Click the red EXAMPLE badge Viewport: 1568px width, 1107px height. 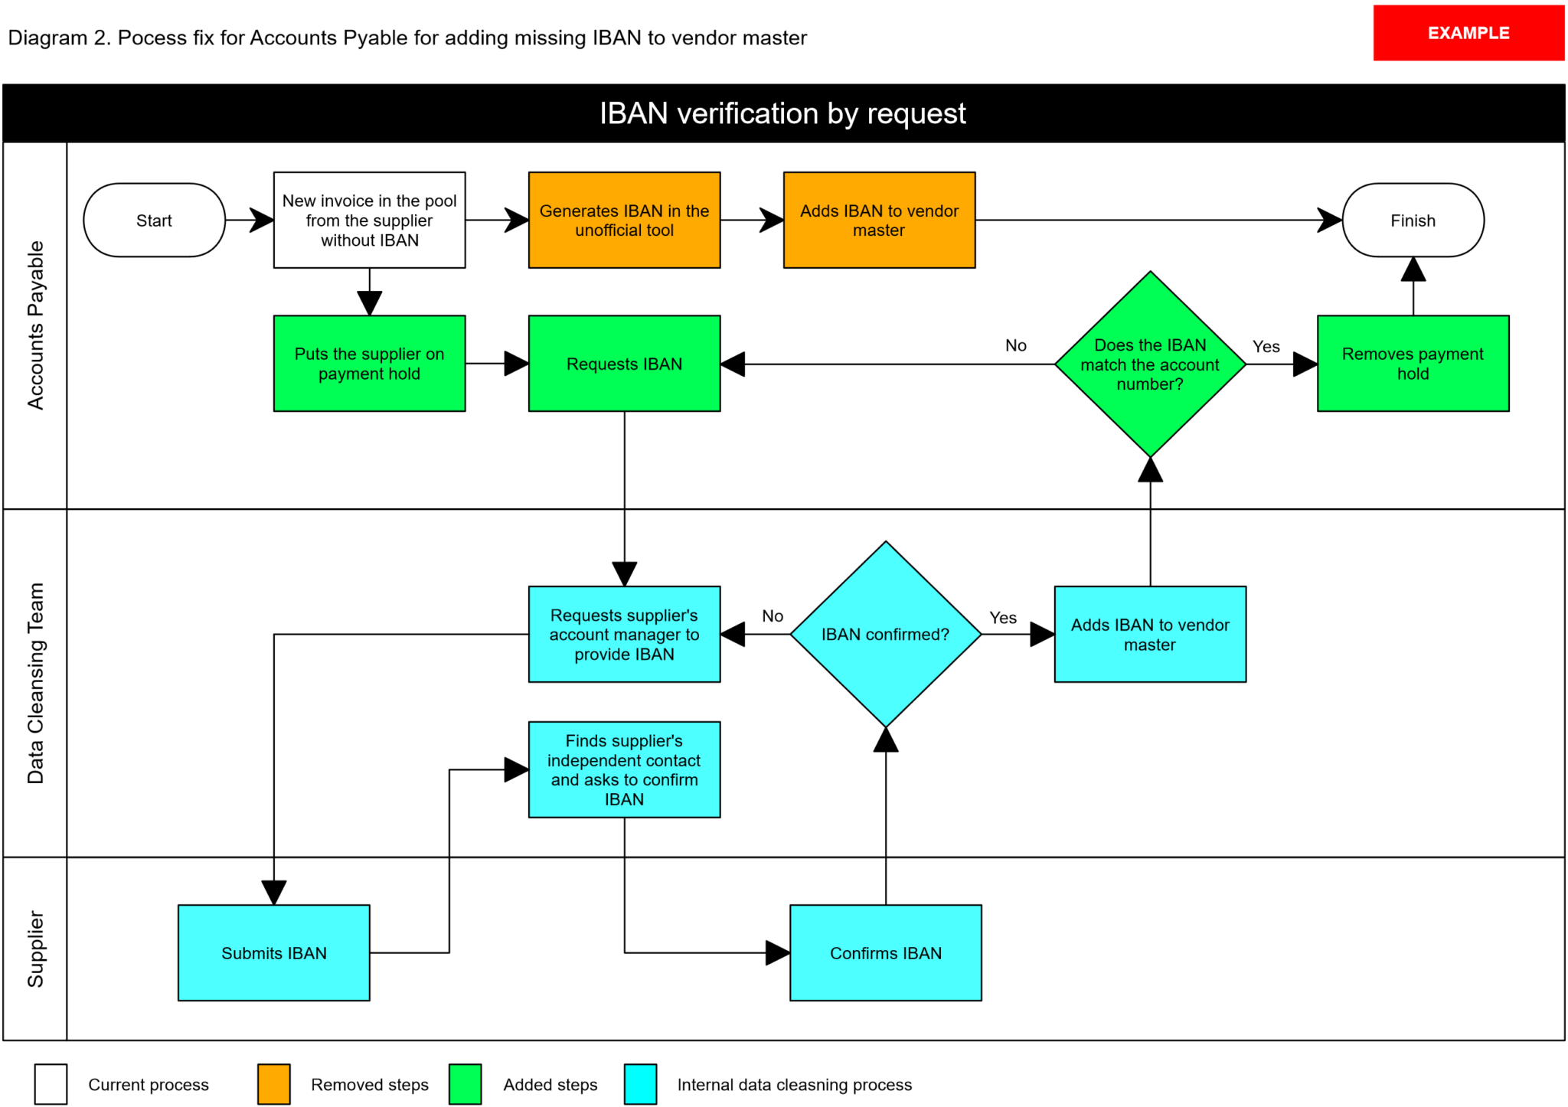pyautogui.click(x=1468, y=33)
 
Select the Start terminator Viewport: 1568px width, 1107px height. pyautogui.click(x=154, y=220)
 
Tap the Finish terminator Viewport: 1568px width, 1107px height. pyautogui.click(x=1413, y=220)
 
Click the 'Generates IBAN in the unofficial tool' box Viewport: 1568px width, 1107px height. pyautogui.click(x=624, y=220)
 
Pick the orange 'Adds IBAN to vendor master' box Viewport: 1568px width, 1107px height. pyautogui.click(x=879, y=220)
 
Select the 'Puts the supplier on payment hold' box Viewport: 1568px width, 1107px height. pyautogui.click(x=369, y=364)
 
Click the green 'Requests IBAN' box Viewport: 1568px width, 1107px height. pyautogui.click(x=624, y=364)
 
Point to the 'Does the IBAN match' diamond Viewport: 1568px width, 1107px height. pyautogui.click(x=1150, y=364)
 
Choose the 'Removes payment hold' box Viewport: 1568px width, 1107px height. pyautogui.click(x=1413, y=364)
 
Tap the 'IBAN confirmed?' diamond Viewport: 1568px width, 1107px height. pyautogui.click(x=886, y=634)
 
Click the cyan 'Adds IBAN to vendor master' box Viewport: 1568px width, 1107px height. pyautogui.click(x=1150, y=634)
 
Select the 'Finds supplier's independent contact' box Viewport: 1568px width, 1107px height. pyautogui.click(x=624, y=769)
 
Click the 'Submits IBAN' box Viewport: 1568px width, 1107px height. pyautogui.click(x=273, y=953)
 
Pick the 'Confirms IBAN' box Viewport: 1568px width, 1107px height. pyautogui.click(x=886, y=953)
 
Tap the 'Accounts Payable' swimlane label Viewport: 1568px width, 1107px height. pyautogui.click(x=35, y=325)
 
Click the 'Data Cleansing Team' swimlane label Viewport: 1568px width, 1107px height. pyautogui.click(x=35, y=683)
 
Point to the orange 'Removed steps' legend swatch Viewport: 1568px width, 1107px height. pyautogui.click(x=273, y=1084)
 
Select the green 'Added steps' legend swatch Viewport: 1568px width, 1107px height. pyautogui.click(x=465, y=1084)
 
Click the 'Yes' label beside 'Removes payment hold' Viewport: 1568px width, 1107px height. pyautogui.click(x=1266, y=347)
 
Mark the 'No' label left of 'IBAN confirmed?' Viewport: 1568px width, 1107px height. pyautogui.click(x=773, y=616)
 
